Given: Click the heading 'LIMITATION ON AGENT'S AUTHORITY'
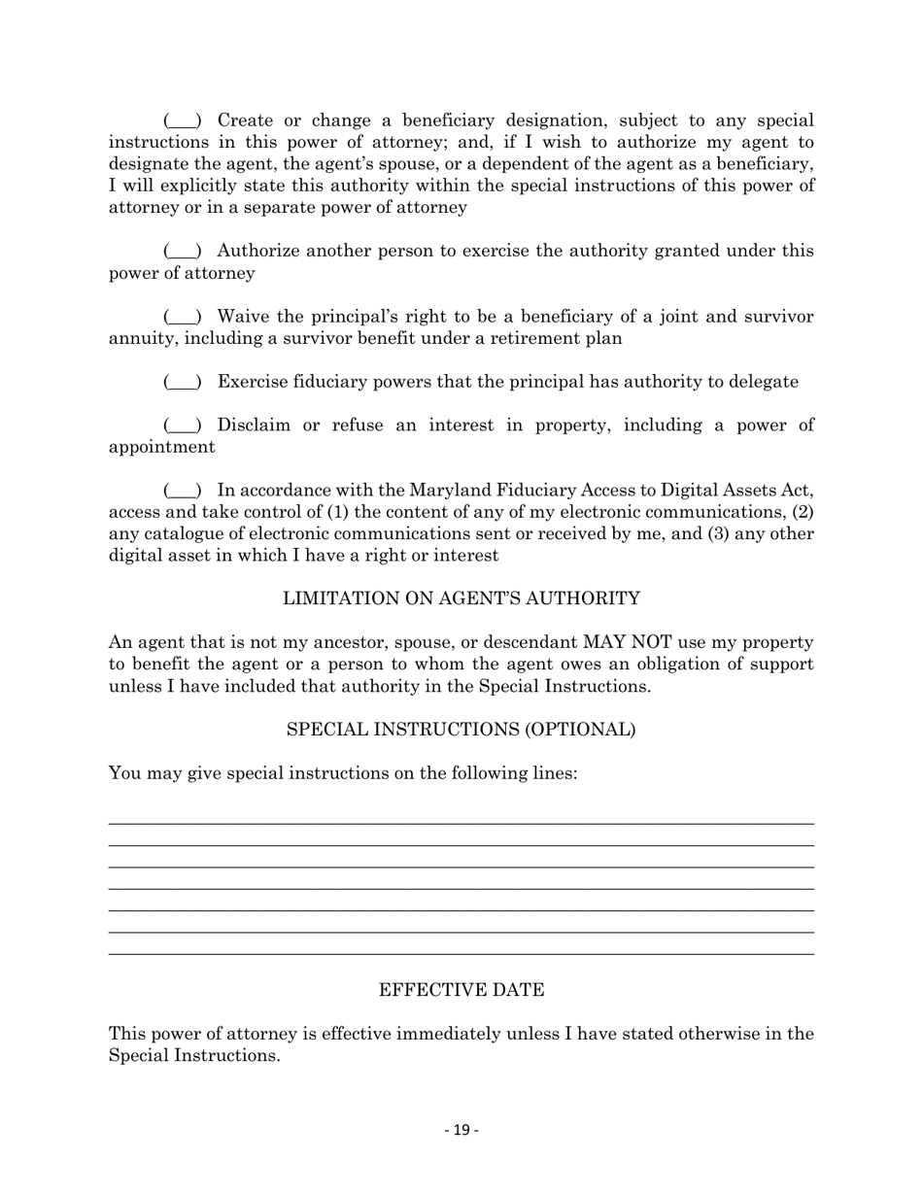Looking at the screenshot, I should tap(461, 599).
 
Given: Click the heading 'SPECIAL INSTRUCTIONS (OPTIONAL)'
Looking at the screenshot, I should tap(461, 730).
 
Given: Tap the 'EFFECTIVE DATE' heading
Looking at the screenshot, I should tap(461, 990).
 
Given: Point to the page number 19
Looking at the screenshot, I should tap(461, 1130).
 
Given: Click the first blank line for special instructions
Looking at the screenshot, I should tap(461, 823).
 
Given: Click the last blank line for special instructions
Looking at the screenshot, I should tap(461, 953).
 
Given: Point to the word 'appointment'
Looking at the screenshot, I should tap(161, 448).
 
